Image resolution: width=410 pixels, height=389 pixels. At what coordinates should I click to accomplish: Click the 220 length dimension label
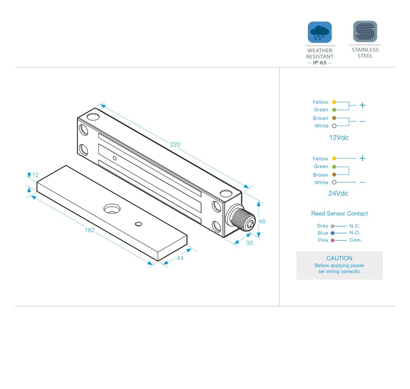175,145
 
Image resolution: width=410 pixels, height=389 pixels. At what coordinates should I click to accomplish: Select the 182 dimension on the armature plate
89,230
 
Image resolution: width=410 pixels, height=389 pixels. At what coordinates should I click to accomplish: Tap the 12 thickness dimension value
35,175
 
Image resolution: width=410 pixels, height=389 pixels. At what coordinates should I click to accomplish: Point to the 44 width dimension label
180,258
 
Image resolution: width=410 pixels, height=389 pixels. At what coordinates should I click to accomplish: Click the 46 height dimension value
262,221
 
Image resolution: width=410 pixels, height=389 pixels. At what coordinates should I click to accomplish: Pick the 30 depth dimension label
249,242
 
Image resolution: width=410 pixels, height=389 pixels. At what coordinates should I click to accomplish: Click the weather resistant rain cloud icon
320,32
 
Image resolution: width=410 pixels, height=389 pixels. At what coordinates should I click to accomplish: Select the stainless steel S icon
365,32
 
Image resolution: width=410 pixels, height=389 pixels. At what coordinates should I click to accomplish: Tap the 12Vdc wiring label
338,137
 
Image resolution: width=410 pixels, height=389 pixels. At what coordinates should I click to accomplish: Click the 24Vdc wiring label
338,193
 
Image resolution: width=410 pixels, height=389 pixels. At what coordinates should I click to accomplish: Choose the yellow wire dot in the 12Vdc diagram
334,102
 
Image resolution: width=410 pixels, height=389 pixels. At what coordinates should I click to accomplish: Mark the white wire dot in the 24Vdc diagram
334,182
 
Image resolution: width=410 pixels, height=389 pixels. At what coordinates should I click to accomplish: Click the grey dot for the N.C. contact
332,226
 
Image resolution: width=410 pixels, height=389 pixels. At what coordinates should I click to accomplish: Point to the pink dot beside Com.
332,240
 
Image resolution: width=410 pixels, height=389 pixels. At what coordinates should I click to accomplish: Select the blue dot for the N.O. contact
332,233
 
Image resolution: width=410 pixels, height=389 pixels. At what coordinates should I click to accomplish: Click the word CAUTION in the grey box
339,258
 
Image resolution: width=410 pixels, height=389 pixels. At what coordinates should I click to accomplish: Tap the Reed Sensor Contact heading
339,214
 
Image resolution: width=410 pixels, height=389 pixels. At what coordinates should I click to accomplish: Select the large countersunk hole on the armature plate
112,209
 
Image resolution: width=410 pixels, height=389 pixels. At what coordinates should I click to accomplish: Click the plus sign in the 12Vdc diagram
363,105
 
